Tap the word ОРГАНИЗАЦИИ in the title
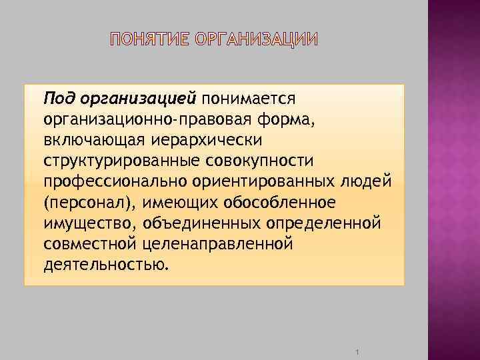click(257, 39)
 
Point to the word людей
click(370, 182)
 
